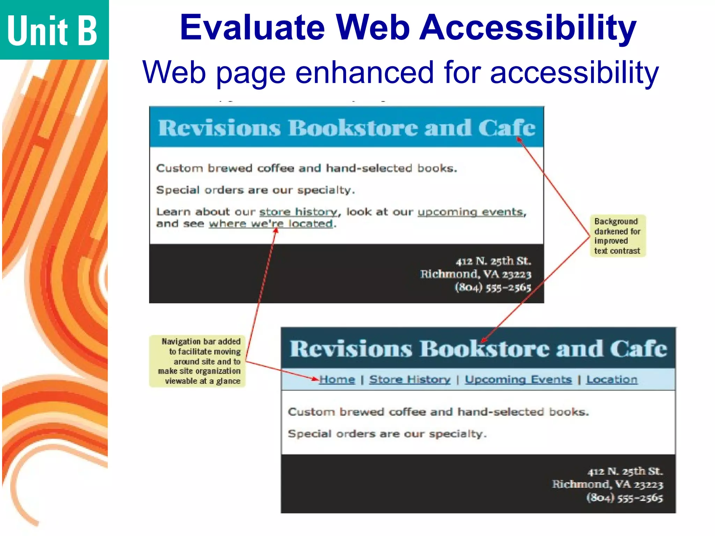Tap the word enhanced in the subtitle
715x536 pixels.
click(x=364, y=72)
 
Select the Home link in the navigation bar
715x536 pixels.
click(x=337, y=379)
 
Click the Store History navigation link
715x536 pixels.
click(x=410, y=379)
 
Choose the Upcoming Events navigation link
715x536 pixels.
click(x=518, y=379)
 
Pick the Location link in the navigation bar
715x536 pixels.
click(x=612, y=379)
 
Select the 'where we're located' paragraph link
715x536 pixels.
click(x=271, y=223)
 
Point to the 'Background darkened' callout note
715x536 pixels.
click(x=618, y=236)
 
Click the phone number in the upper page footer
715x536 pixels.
click(x=493, y=287)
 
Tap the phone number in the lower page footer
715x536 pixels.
click(x=624, y=497)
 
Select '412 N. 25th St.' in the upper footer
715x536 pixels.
click(x=493, y=261)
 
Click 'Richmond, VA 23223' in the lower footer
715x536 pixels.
click(x=607, y=484)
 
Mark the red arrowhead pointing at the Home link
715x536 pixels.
click(x=316, y=379)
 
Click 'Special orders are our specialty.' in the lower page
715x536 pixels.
click(x=387, y=434)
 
